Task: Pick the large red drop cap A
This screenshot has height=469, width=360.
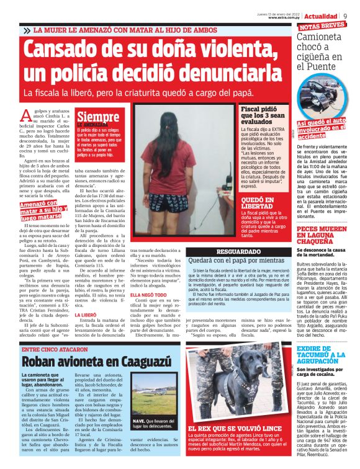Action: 25,115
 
